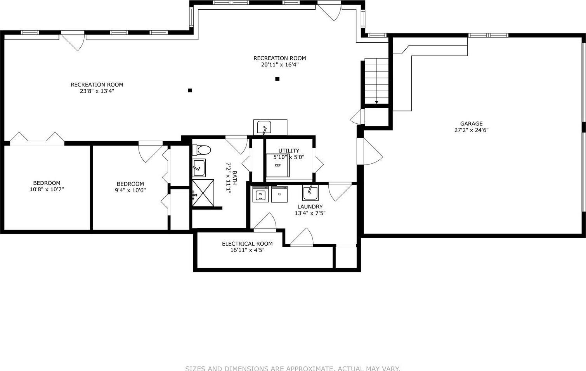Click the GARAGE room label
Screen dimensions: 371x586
tap(471, 124)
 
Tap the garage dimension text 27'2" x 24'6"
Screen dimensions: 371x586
tap(471, 130)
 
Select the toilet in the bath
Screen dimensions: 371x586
tap(202, 150)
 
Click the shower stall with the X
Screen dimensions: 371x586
tap(203, 193)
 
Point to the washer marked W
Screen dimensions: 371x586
tap(261, 194)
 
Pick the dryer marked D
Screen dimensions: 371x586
tap(279, 194)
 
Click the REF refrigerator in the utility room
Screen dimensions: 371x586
tap(278, 165)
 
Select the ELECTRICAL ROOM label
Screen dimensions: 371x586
tap(247, 244)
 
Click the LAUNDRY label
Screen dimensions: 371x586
tap(310, 207)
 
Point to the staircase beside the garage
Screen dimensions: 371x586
tap(376, 80)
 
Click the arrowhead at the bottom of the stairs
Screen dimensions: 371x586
tap(376, 102)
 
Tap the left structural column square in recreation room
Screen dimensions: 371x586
tap(190, 90)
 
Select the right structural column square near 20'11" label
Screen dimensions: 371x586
tap(277, 79)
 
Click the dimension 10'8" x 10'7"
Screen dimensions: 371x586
tap(47, 189)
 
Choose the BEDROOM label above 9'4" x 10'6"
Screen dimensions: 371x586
tap(130, 184)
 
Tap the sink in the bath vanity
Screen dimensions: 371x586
tap(199, 167)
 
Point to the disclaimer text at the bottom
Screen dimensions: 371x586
tap(293, 368)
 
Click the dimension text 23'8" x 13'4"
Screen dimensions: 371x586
tap(97, 91)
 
